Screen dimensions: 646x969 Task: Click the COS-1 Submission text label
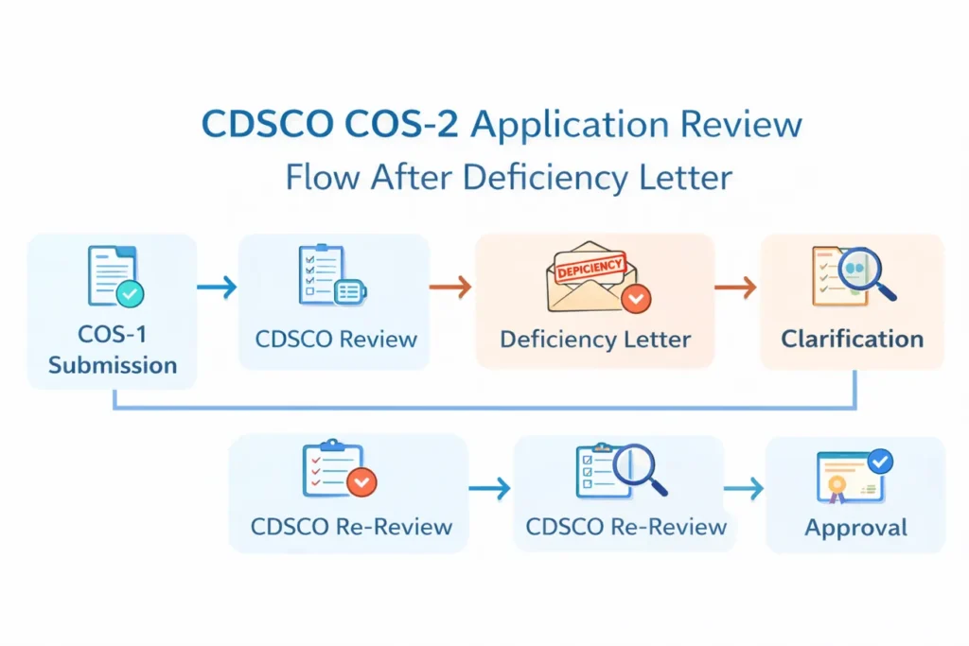113,351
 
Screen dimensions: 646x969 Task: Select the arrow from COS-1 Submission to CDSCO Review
217,287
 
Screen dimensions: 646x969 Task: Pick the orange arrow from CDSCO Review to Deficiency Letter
450,287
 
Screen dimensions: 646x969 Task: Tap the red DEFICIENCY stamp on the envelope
590,269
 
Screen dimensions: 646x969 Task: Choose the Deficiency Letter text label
595,340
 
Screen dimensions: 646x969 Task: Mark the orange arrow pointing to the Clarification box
735,287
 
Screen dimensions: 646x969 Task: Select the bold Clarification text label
852,340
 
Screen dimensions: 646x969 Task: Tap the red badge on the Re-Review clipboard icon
361,482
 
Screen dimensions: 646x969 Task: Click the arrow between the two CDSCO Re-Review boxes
489,488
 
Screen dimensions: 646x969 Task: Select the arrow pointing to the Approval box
744,488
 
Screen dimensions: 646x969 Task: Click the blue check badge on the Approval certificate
880,462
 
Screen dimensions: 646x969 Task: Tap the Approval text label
855,528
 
